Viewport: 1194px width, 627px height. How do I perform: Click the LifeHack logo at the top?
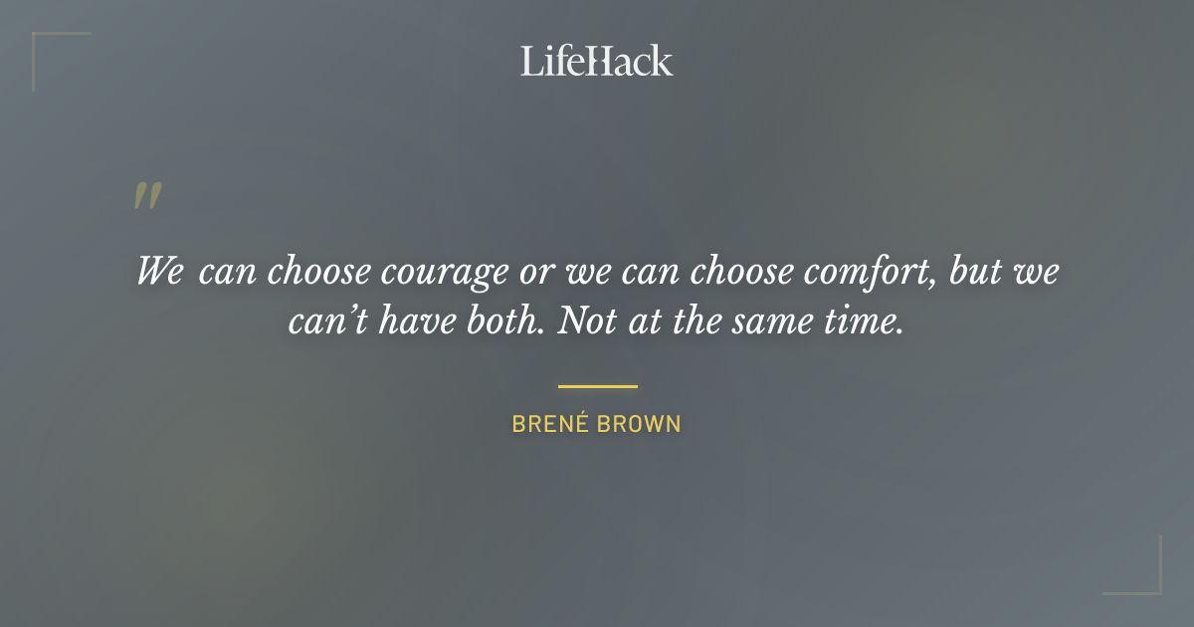[597, 61]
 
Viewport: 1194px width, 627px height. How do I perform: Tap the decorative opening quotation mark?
[147, 196]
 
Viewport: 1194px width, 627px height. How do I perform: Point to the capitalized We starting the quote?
[160, 271]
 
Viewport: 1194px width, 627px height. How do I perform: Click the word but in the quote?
[977, 271]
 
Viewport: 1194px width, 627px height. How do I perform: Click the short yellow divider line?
[597, 386]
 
